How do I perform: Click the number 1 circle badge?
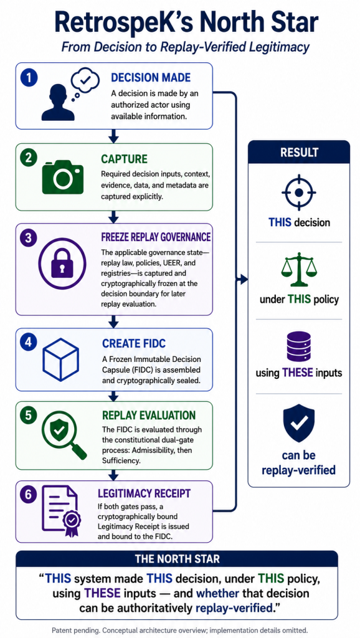(29, 77)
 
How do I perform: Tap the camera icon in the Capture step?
(63, 176)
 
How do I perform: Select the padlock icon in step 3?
(62, 264)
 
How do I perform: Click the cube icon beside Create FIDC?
(61, 359)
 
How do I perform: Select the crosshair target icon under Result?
(298, 192)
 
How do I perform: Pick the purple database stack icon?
(298, 346)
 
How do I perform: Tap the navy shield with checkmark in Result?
(298, 423)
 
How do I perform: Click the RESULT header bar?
(299, 152)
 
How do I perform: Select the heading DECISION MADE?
(151, 78)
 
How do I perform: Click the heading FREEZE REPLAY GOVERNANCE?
(156, 236)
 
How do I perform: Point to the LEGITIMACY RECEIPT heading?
(144, 493)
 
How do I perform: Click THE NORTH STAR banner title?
(177, 559)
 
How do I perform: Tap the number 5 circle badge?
(29, 416)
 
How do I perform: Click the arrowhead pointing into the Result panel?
(244, 279)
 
